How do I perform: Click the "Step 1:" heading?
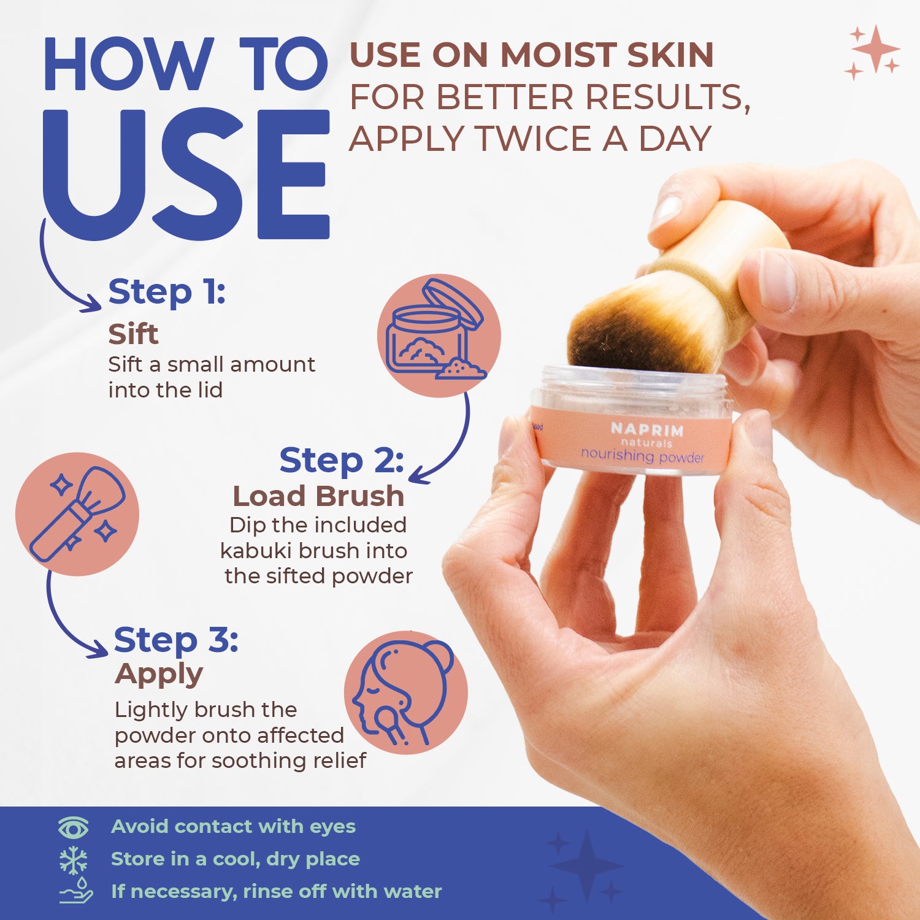(x=167, y=292)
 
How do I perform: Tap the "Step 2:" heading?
(x=341, y=461)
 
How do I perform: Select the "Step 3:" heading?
(x=176, y=640)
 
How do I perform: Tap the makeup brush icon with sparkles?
(x=77, y=514)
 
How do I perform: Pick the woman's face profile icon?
(x=405, y=692)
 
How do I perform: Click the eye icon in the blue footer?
(x=73, y=827)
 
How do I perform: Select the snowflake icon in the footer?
(x=73, y=860)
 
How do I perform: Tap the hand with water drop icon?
(x=75, y=891)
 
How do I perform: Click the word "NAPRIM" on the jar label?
(x=647, y=429)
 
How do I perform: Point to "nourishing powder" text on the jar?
(x=642, y=455)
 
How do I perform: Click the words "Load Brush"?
(x=318, y=496)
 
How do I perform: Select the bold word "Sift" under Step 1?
(x=133, y=334)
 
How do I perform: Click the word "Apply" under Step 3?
(x=159, y=674)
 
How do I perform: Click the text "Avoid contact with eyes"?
(x=233, y=827)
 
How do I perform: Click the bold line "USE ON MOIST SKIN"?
(x=531, y=55)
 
